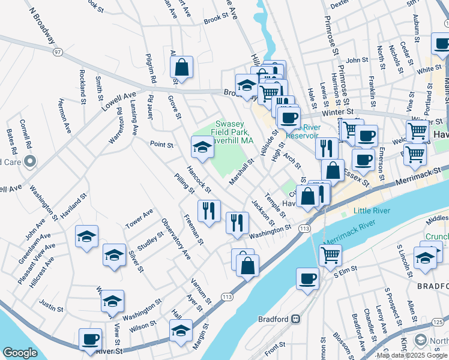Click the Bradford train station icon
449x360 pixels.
coord(295,319)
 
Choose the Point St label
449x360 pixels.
coord(161,145)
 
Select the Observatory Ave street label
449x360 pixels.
coord(175,239)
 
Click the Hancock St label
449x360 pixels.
coord(199,179)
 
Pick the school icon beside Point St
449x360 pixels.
coord(202,147)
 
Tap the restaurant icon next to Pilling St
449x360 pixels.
coord(208,210)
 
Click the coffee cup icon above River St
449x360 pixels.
coord(91,339)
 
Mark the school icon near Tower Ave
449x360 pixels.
coord(86,237)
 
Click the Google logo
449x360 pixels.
coord(20,353)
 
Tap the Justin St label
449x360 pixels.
coord(51,305)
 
